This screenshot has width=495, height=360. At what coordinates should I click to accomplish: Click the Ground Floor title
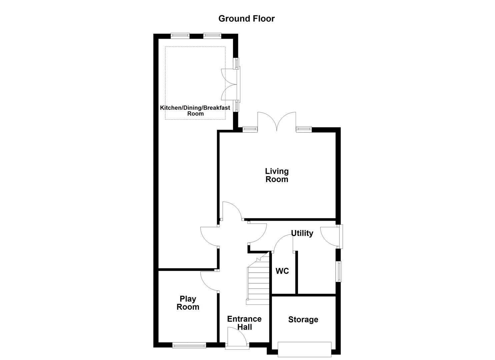point(246,19)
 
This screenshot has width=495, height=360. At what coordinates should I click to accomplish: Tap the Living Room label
point(277,175)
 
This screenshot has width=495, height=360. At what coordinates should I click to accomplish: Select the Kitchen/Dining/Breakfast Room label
point(195,111)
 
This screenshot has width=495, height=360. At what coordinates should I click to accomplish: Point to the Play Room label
point(188,303)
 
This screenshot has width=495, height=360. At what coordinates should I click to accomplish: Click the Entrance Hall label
point(244,323)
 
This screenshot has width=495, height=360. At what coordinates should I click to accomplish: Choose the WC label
point(282,271)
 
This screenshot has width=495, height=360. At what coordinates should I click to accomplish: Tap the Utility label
point(302,233)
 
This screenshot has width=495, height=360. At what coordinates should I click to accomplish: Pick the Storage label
point(303,320)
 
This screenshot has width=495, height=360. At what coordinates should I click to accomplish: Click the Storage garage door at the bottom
point(305,349)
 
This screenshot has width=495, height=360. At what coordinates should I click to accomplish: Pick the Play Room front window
point(189,346)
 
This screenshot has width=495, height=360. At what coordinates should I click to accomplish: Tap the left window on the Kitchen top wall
point(180,35)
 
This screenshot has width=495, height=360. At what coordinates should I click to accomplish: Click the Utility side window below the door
point(339,271)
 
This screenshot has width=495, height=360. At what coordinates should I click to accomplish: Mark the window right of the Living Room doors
point(303,129)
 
